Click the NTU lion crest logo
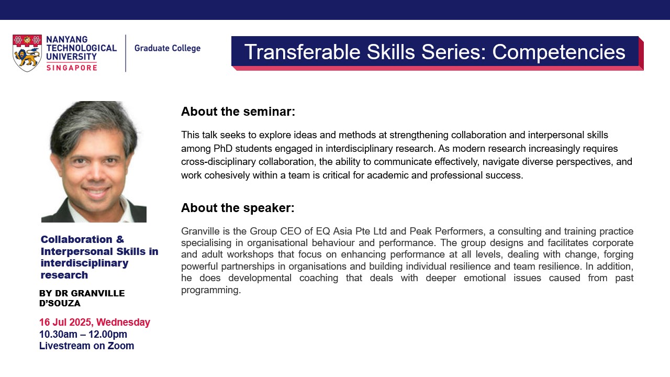tap(27, 53)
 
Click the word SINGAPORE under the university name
tap(71, 67)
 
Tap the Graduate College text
tap(167, 48)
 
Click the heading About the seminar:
tap(238, 112)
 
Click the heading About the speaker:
tap(238, 208)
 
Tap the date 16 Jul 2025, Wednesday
tap(95, 322)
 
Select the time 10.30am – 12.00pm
tap(83, 334)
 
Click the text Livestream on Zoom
tap(86, 346)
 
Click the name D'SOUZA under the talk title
tap(60, 303)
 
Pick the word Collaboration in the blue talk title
tap(76, 239)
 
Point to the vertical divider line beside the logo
tap(126, 53)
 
